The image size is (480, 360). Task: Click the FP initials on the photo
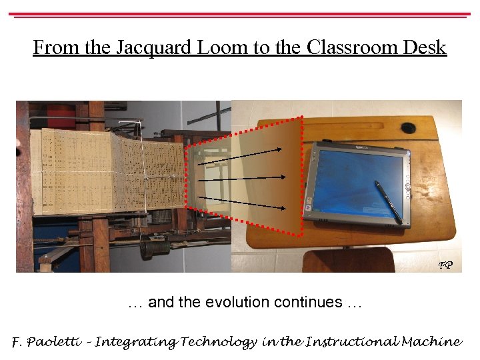point(445,265)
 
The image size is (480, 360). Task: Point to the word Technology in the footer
point(217,342)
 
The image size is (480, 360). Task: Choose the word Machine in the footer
point(433,342)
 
